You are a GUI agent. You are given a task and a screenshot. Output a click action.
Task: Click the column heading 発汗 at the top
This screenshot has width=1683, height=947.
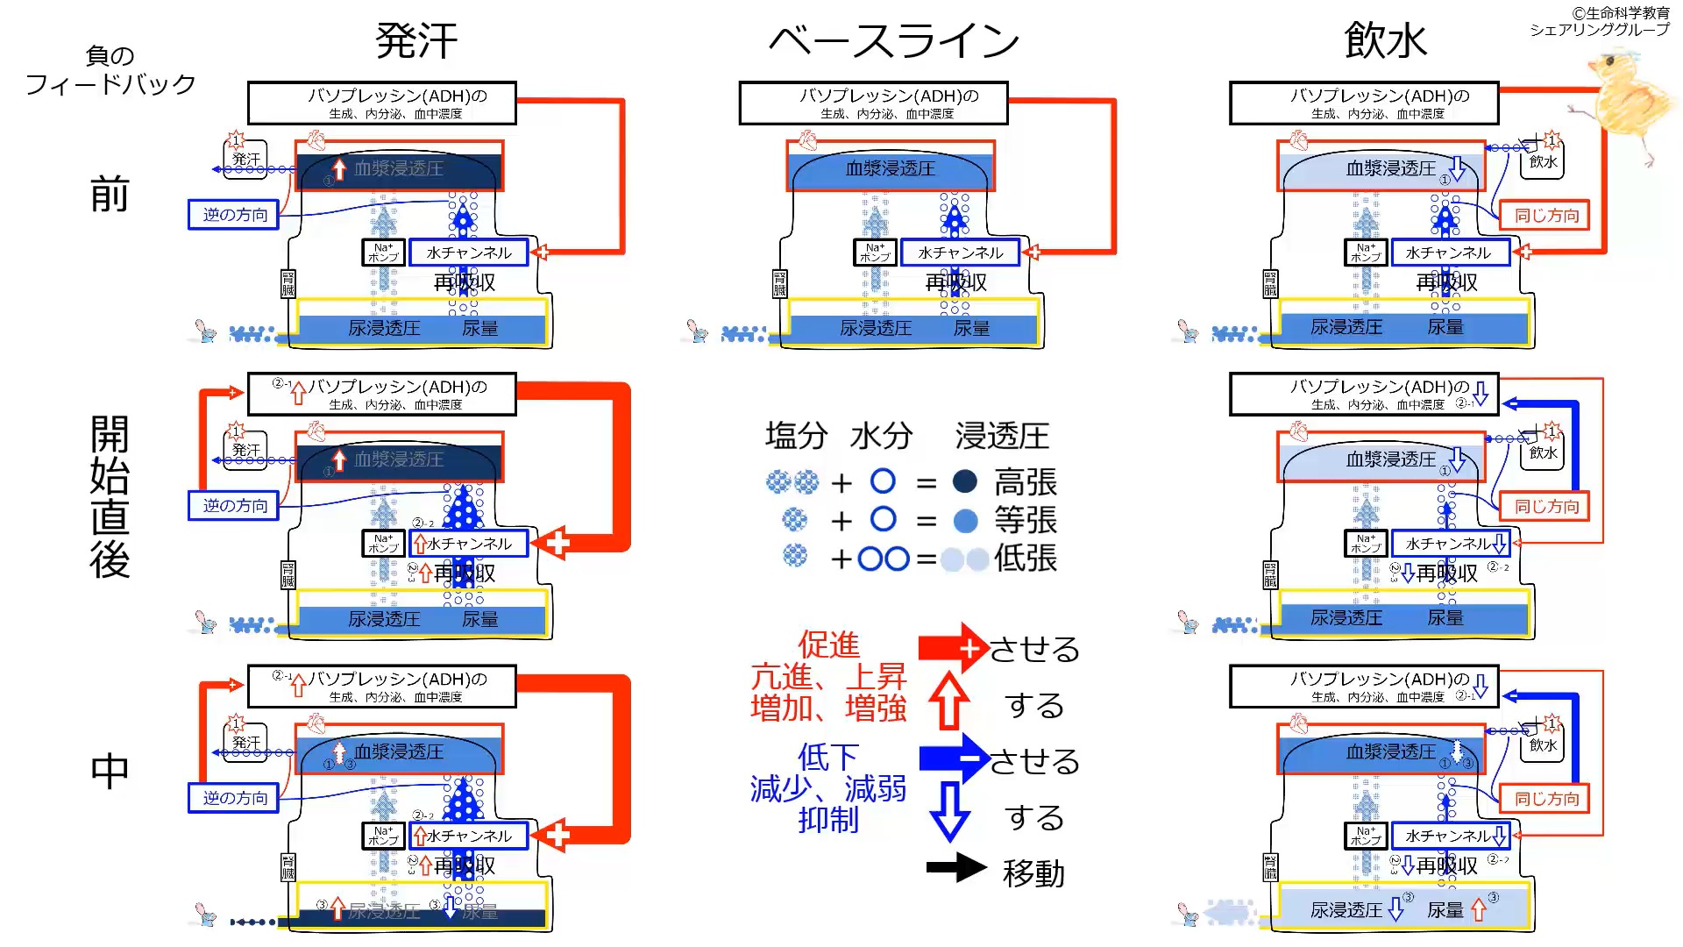416,41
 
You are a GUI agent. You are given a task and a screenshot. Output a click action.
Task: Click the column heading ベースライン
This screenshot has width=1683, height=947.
894,41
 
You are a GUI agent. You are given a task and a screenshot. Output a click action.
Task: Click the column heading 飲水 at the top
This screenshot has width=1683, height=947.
1385,41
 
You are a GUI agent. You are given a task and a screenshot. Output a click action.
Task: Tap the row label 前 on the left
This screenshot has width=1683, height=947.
110,195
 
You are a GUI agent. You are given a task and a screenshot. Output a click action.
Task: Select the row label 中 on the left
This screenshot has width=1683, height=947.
110,772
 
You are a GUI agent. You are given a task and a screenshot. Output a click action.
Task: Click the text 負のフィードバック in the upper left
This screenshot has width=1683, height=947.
110,70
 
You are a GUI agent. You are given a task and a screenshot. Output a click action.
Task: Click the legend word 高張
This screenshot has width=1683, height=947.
1025,482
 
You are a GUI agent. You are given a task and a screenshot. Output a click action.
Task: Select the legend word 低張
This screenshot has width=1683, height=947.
1025,559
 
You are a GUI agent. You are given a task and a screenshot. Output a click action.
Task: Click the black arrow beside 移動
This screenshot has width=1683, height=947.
956,868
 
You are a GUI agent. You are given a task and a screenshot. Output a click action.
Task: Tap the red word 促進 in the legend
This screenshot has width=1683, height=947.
828,645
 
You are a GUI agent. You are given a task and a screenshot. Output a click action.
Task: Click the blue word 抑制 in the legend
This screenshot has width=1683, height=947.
828,820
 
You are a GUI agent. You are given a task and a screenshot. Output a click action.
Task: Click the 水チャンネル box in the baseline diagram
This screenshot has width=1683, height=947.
960,253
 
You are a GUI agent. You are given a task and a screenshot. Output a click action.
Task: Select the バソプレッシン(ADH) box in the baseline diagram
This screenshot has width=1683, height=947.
873,103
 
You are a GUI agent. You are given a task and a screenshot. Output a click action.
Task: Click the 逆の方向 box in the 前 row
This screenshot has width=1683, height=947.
234,215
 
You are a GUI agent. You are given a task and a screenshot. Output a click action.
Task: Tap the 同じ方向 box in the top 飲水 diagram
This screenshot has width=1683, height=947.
1545,216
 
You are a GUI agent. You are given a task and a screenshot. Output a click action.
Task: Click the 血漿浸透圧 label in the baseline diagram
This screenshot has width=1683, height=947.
890,168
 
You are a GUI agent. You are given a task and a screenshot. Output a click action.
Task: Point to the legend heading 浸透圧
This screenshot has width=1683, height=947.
1002,436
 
